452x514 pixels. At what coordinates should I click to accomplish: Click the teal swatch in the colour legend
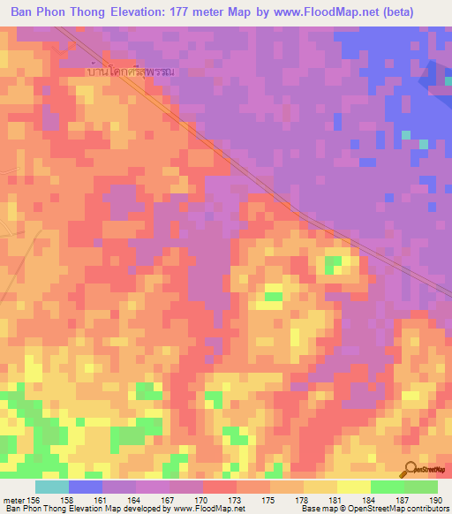[x=52, y=487]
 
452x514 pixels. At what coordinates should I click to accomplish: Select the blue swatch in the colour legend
[x=86, y=487]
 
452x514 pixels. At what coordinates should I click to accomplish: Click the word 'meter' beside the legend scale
[x=13, y=499]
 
